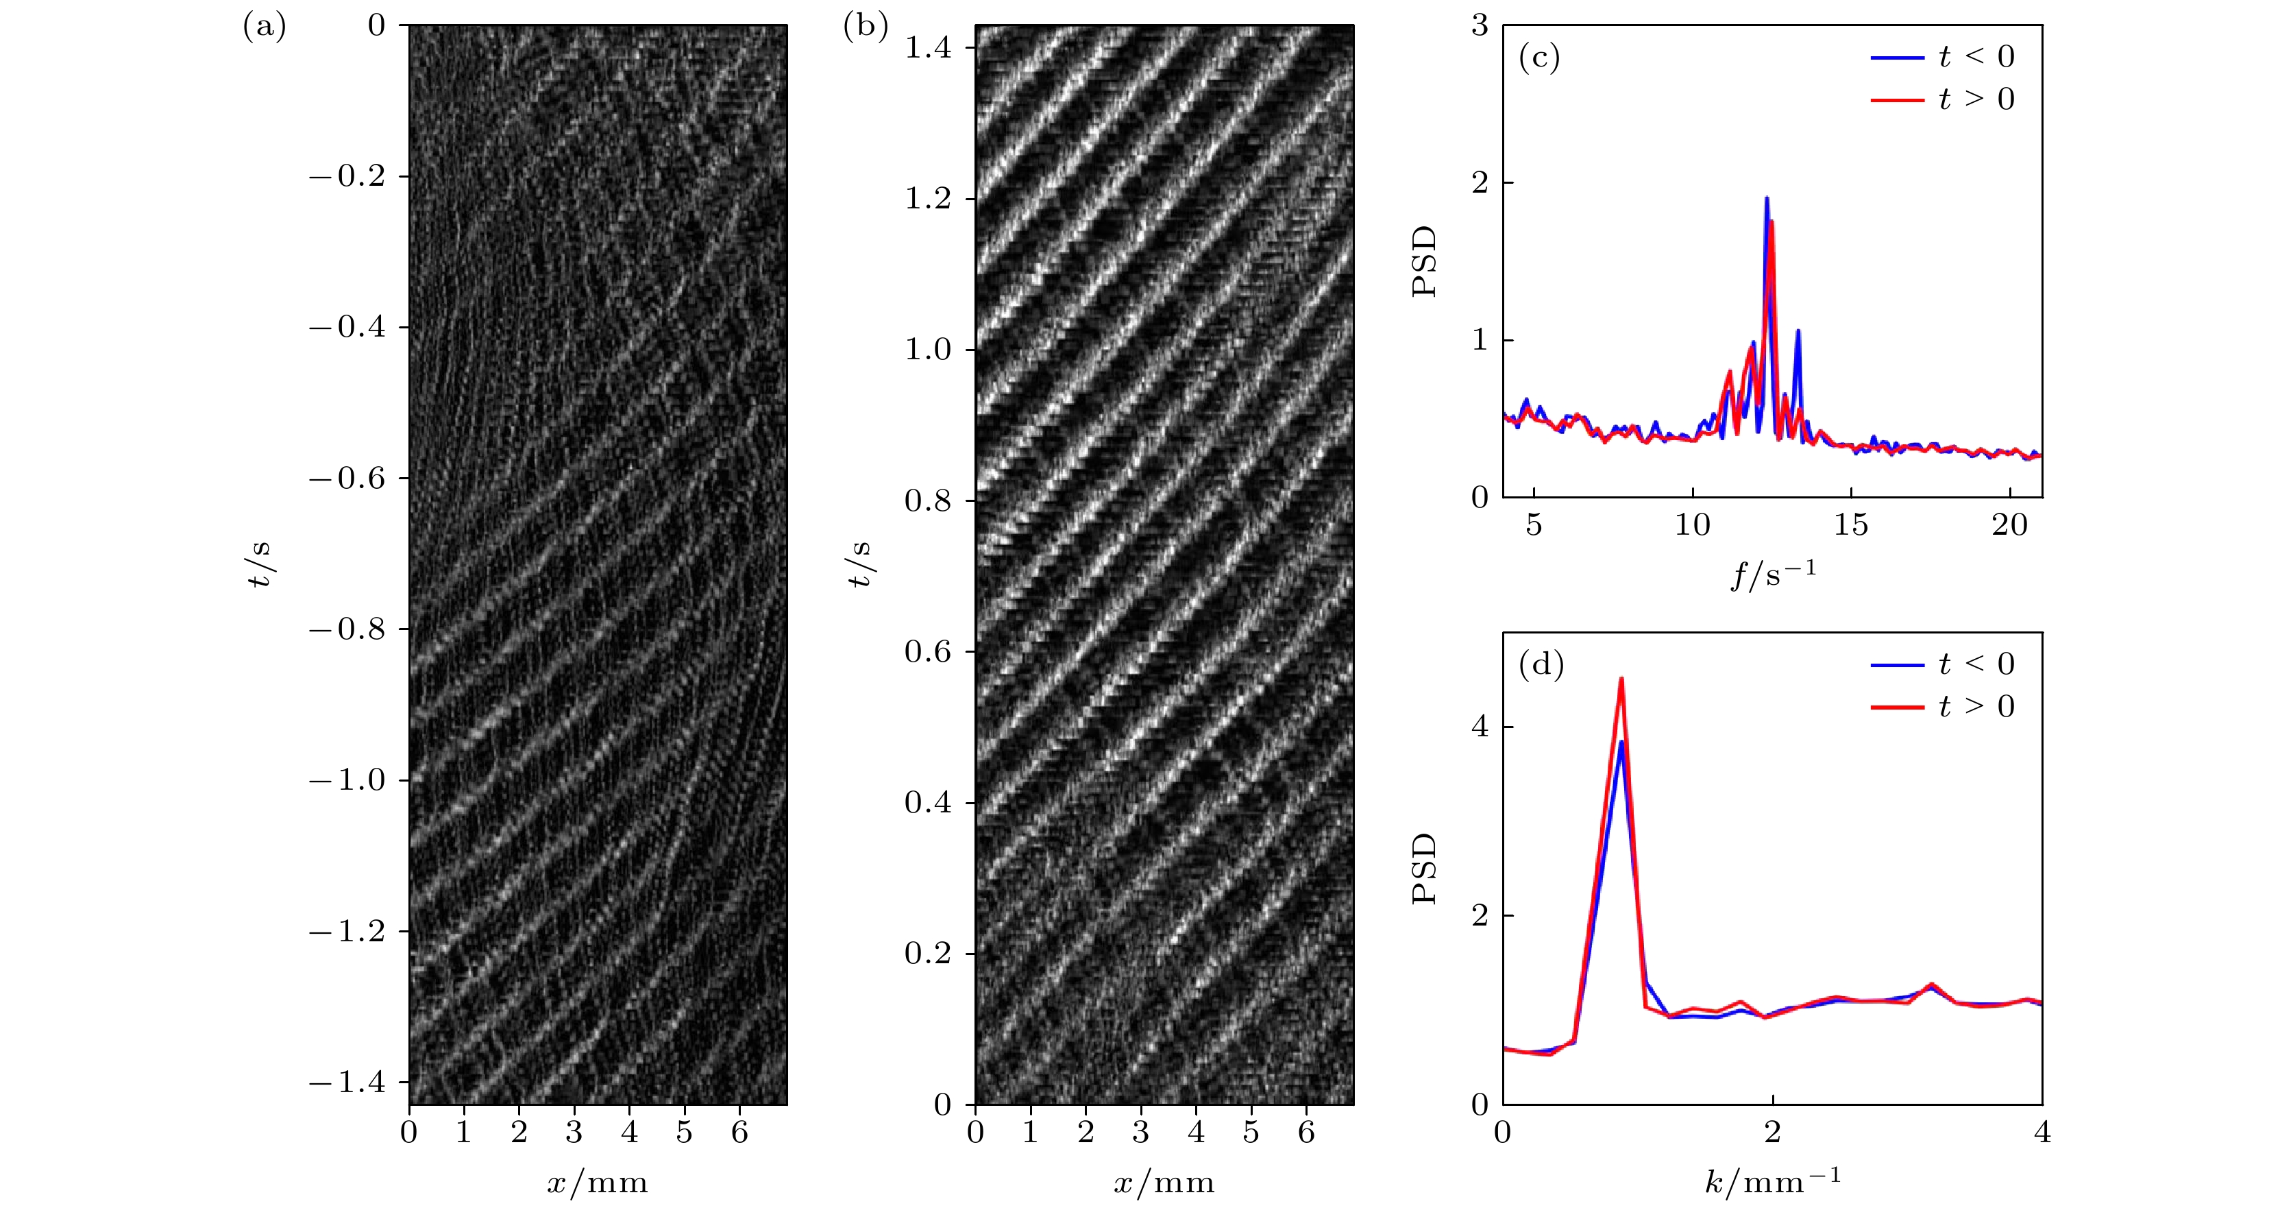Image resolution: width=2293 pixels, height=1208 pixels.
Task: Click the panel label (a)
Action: [x=265, y=27]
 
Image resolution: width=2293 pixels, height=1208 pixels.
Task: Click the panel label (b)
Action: [x=866, y=27]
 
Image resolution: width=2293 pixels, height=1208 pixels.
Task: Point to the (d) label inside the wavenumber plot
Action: [x=1541, y=664]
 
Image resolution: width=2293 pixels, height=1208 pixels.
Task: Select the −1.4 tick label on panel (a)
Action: [x=347, y=1083]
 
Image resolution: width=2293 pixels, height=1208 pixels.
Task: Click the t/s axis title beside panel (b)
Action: [x=859, y=564]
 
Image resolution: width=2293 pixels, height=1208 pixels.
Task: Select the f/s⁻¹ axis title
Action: [x=1772, y=575]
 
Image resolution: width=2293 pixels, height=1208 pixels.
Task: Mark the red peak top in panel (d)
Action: [x=1621, y=679]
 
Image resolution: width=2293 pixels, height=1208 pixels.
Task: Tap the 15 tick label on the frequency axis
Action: [x=1850, y=525]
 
